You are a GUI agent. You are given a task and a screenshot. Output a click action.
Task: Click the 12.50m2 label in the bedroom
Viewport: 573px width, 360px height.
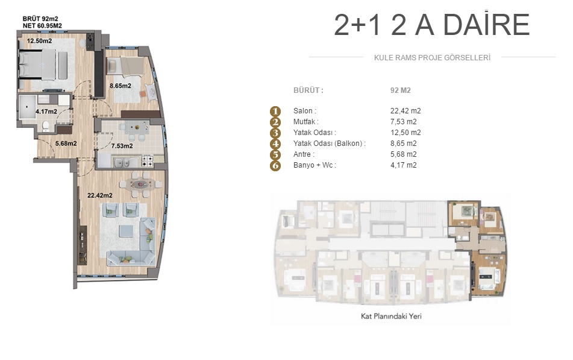[x=40, y=41]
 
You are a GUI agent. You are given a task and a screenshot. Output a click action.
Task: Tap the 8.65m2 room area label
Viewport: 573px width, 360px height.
[x=121, y=86]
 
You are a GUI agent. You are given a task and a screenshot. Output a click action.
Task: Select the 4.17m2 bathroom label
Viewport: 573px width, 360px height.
[x=46, y=111]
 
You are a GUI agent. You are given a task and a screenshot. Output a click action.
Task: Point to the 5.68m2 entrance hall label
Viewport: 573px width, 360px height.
[x=66, y=144]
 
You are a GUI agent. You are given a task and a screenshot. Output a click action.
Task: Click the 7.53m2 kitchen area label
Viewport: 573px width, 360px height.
[x=122, y=146]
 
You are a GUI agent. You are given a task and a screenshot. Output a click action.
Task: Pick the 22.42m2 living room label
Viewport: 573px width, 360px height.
[x=100, y=195]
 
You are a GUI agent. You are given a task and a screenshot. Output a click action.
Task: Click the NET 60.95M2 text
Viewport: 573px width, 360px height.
[x=42, y=25]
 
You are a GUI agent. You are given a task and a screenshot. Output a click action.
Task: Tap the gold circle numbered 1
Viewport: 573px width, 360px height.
[x=275, y=111]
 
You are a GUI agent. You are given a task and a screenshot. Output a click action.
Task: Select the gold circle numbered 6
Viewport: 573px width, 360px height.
[x=275, y=165]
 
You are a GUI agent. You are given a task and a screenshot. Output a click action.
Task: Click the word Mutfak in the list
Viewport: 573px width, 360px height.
[x=304, y=122]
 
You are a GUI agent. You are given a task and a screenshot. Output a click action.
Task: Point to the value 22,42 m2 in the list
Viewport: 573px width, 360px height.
[x=405, y=111]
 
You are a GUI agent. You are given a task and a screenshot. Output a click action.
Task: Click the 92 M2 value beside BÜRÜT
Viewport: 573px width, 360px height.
[x=400, y=90]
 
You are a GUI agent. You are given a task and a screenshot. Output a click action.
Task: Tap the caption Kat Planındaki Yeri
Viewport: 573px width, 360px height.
[x=391, y=316]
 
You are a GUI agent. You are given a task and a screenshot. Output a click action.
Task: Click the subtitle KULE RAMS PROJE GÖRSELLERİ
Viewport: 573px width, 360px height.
[x=432, y=58]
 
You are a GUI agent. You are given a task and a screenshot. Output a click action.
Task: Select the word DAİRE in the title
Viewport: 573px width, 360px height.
[x=486, y=24]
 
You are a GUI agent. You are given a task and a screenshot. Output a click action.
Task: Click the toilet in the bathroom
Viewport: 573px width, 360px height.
[x=46, y=126]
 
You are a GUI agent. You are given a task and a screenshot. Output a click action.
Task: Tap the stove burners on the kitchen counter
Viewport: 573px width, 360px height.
[x=147, y=160]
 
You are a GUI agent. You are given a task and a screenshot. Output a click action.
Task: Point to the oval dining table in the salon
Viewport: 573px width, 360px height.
[x=141, y=184]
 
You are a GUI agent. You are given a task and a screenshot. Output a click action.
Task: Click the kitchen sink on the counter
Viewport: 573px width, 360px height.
[x=122, y=162]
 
